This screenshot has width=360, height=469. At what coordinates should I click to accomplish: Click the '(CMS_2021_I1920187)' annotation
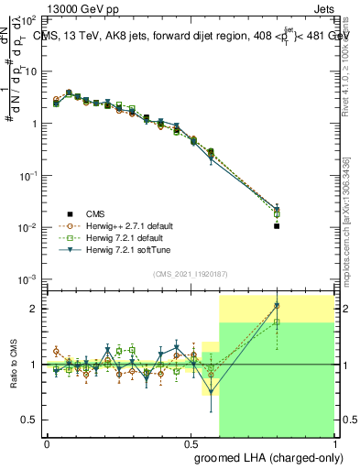(x=190, y=273)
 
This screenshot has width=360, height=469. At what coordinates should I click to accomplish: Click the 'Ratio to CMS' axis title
(x=15, y=365)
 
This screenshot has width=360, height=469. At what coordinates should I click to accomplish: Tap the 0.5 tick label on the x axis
(x=191, y=443)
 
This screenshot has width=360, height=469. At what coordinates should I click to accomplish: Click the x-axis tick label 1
(x=335, y=443)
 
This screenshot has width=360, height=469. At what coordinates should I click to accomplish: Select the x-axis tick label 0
(x=47, y=443)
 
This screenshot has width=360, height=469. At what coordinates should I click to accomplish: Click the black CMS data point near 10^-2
(x=277, y=225)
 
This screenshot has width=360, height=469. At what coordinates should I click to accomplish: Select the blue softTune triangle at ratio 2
(x=277, y=306)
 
